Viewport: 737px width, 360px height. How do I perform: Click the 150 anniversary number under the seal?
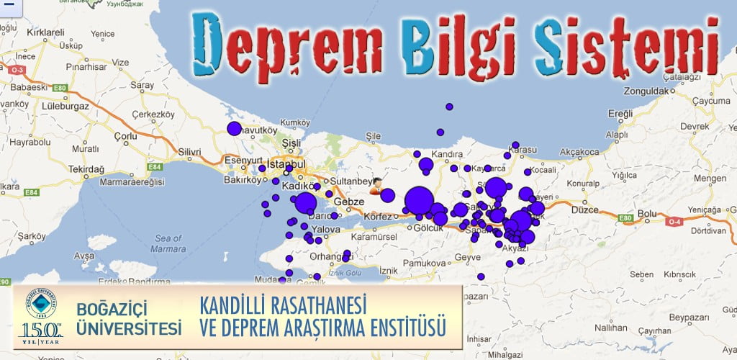(x=40, y=330)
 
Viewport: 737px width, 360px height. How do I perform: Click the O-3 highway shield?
(x=15, y=70)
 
